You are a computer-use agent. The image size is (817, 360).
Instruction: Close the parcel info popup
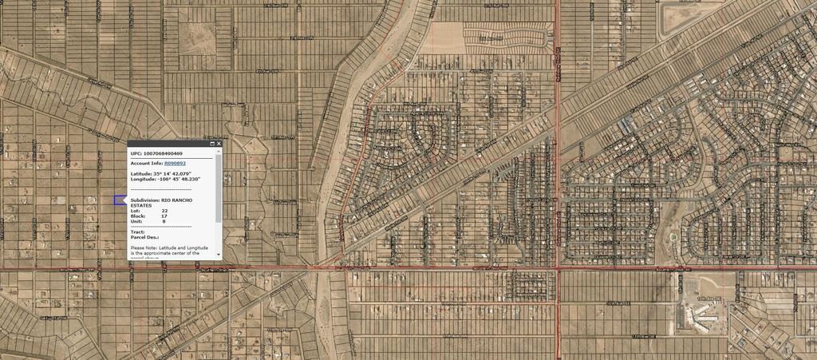[x=218, y=144]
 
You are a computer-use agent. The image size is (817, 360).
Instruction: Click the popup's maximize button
[x=211, y=144]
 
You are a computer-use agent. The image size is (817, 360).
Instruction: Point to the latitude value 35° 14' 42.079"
[x=174, y=173]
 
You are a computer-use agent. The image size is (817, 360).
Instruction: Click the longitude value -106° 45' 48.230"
[x=180, y=180]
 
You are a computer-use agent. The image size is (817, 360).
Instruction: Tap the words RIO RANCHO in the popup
[x=177, y=200]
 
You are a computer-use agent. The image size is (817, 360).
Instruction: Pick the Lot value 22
[x=164, y=211]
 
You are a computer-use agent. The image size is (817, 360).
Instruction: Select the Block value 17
[x=164, y=216]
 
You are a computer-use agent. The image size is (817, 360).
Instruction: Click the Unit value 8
[x=164, y=222]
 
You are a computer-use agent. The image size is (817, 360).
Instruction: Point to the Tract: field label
[x=137, y=232]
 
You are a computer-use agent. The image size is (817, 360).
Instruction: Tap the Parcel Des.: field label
[x=144, y=238]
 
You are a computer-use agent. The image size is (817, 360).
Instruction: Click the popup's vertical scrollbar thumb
[x=219, y=188]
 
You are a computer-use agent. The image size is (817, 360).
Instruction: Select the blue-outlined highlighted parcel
[x=120, y=200]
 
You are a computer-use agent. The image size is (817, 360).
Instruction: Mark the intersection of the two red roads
[x=557, y=269]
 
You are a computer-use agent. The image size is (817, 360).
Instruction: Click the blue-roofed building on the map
[x=629, y=124]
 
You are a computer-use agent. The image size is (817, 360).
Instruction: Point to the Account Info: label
[x=146, y=163]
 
